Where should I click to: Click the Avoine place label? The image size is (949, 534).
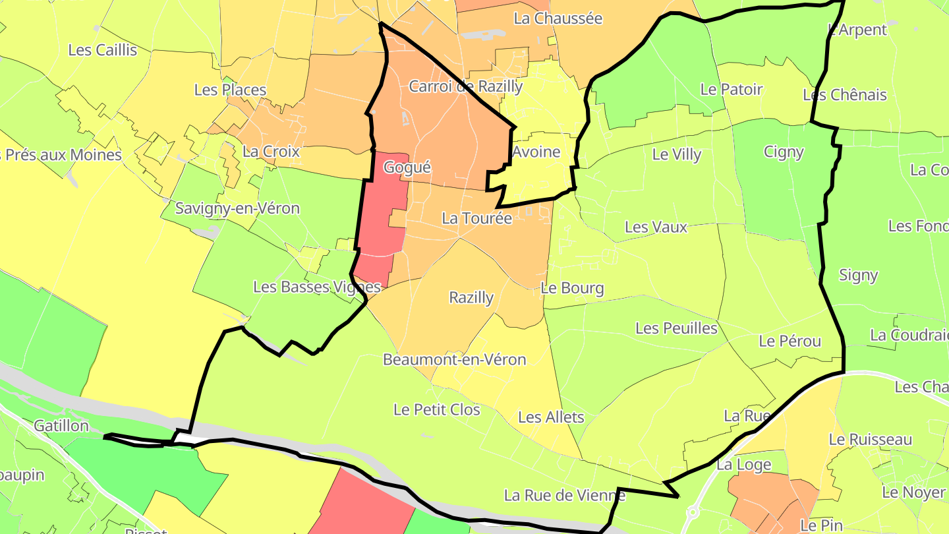pyautogui.click(x=536, y=152)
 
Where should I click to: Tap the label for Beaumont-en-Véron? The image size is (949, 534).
pyautogui.click(x=455, y=359)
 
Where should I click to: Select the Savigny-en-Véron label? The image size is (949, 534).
pyautogui.click(x=237, y=208)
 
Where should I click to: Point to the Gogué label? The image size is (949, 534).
pyautogui.click(x=407, y=167)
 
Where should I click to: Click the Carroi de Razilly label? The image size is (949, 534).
pyautogui.click(x=466, y=86)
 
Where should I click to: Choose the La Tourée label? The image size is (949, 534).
pyautogui.click(x=477, y=218)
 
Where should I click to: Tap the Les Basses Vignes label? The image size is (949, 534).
pyautogui.click(x=318, y=287)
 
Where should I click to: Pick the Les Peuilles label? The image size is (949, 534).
pyautogui.click(x=676, y=328)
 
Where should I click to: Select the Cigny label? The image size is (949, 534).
pyautogui.click(x=784, y=152)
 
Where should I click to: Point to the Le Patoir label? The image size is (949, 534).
pyautogui.click(x=732, y=90)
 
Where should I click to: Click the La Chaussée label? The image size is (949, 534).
pyautogui.click(x=558, y=18)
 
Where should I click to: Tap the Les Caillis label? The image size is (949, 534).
pyautogui.click(x=103, y=50)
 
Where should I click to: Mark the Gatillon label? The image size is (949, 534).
pyautogui.click(x=61, y=426)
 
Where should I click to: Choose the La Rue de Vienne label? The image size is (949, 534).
pyautogui.click(x=564, y=495)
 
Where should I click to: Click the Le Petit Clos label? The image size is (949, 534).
pyautogui.click(x=437, y=409)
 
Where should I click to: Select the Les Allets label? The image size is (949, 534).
pyautogui.click(x=551, y=417)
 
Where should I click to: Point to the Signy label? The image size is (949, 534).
pyautogui.click(x=859, y=276)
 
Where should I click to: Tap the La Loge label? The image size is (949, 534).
pyautogui.click(x=744, y=465)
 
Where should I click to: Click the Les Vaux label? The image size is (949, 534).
pyautogui.click(x=656, y=227)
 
